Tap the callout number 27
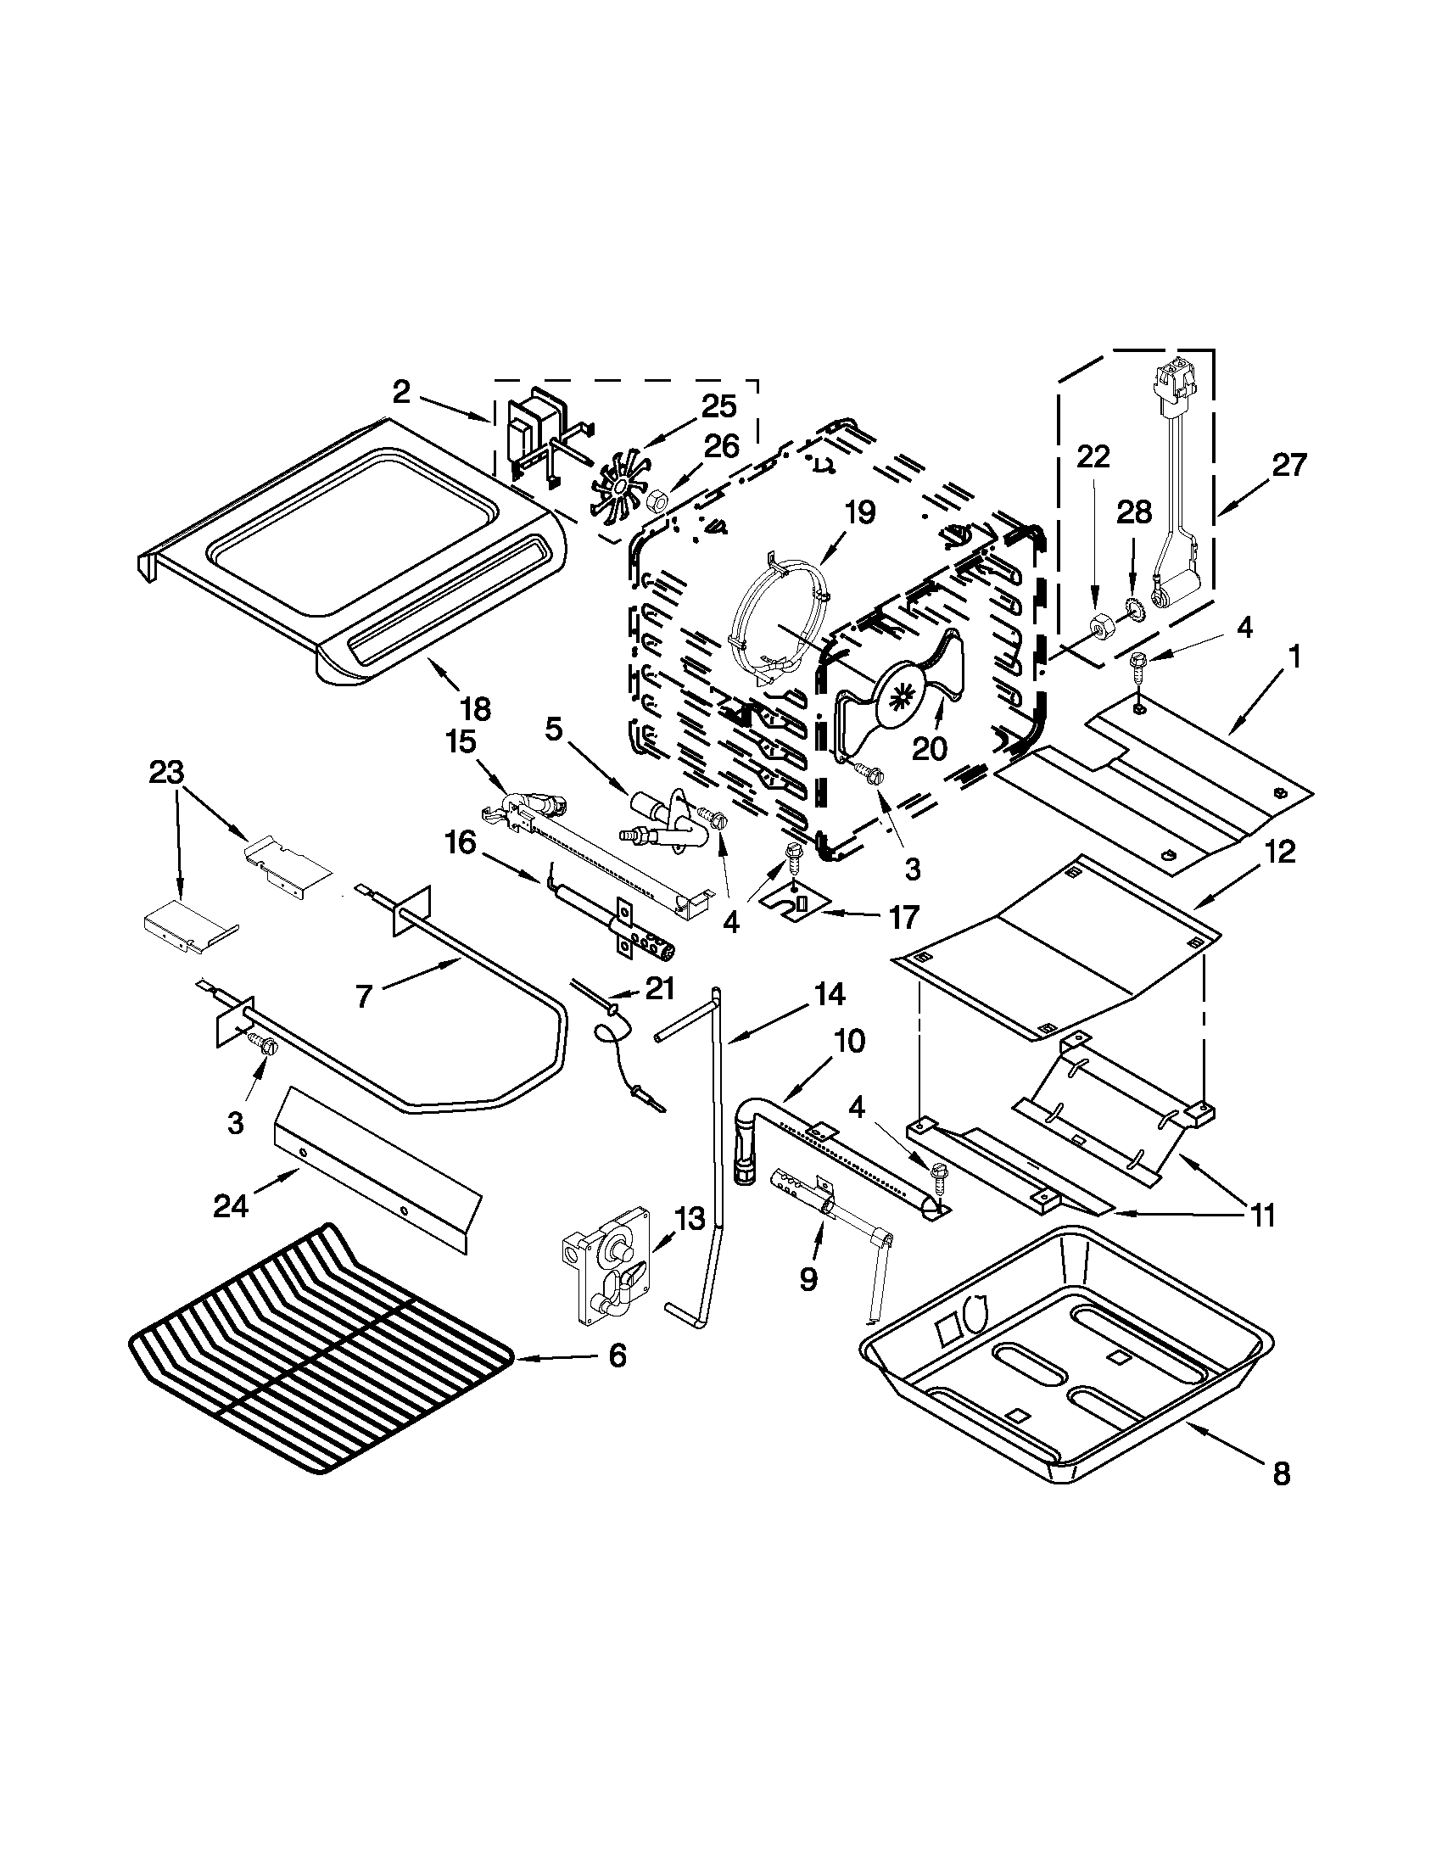coord(1288,466)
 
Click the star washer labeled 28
coord(1136,608)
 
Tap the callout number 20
coord(929,748)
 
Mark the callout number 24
coord(231,1205)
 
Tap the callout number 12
coord(1277,852)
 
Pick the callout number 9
coord(808,1278)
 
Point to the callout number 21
coord(658,988)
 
